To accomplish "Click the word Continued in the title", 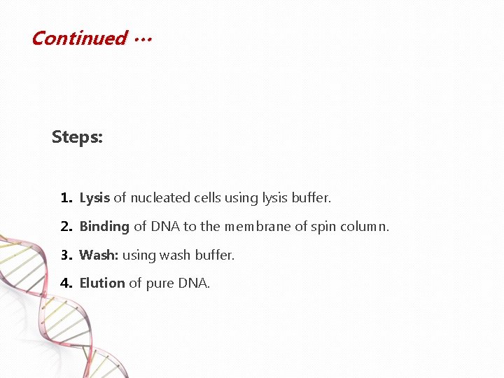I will click(78, 38).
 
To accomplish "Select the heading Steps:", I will click(77, 137).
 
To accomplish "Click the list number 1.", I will click(66, 198).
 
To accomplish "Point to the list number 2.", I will click(66, 227).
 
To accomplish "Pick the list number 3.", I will click(66, 255).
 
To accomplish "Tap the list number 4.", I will click(66, 283).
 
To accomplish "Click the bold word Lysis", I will click(94, 198).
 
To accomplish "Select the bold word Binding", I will click(104, 227).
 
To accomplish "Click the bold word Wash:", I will click(99, 255).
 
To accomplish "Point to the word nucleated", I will click(157, 198).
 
